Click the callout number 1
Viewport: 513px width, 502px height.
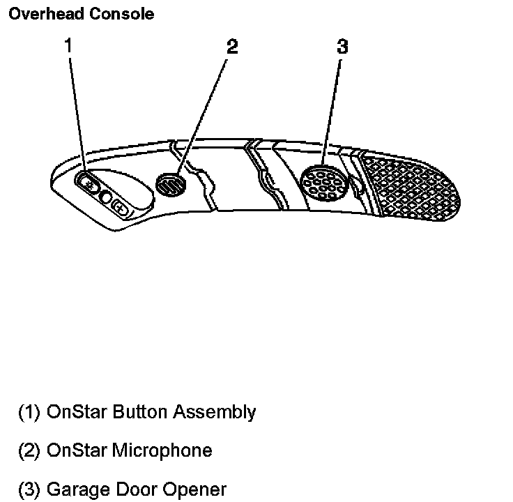click(68, 46)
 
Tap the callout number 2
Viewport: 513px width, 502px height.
click(232, 47)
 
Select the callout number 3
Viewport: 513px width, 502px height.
click(342, 47)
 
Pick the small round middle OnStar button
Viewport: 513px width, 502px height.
click(105, 197)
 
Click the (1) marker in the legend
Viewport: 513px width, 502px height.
click(29, 412)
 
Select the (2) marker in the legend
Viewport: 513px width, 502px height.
click(29, 450)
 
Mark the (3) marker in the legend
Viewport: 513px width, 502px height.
click(29, 489)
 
